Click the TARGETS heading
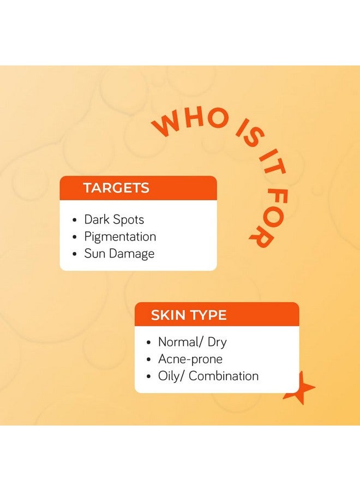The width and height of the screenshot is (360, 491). coord(116,188)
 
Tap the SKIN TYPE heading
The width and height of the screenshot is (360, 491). coord(189,315)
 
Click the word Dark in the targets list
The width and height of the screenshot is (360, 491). coord(97,219)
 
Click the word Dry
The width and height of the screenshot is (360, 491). coord(217,343)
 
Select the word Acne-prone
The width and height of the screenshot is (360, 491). coord(190,359)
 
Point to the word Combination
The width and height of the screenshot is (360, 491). coord(224,376)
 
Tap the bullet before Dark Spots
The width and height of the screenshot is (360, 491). coord(74,220)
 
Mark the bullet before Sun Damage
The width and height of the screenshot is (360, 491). coord(74,254)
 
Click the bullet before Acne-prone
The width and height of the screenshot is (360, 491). coord(148,359)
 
